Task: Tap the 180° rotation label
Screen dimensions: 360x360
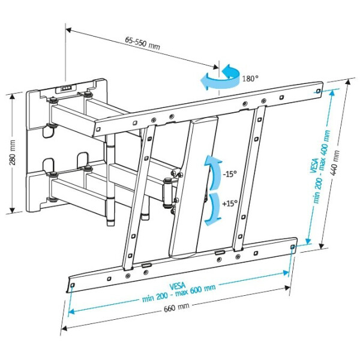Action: pos(250,78)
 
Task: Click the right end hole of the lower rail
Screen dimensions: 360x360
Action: pos(292,247)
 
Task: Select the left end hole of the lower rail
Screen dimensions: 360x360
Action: pos(73,285)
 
